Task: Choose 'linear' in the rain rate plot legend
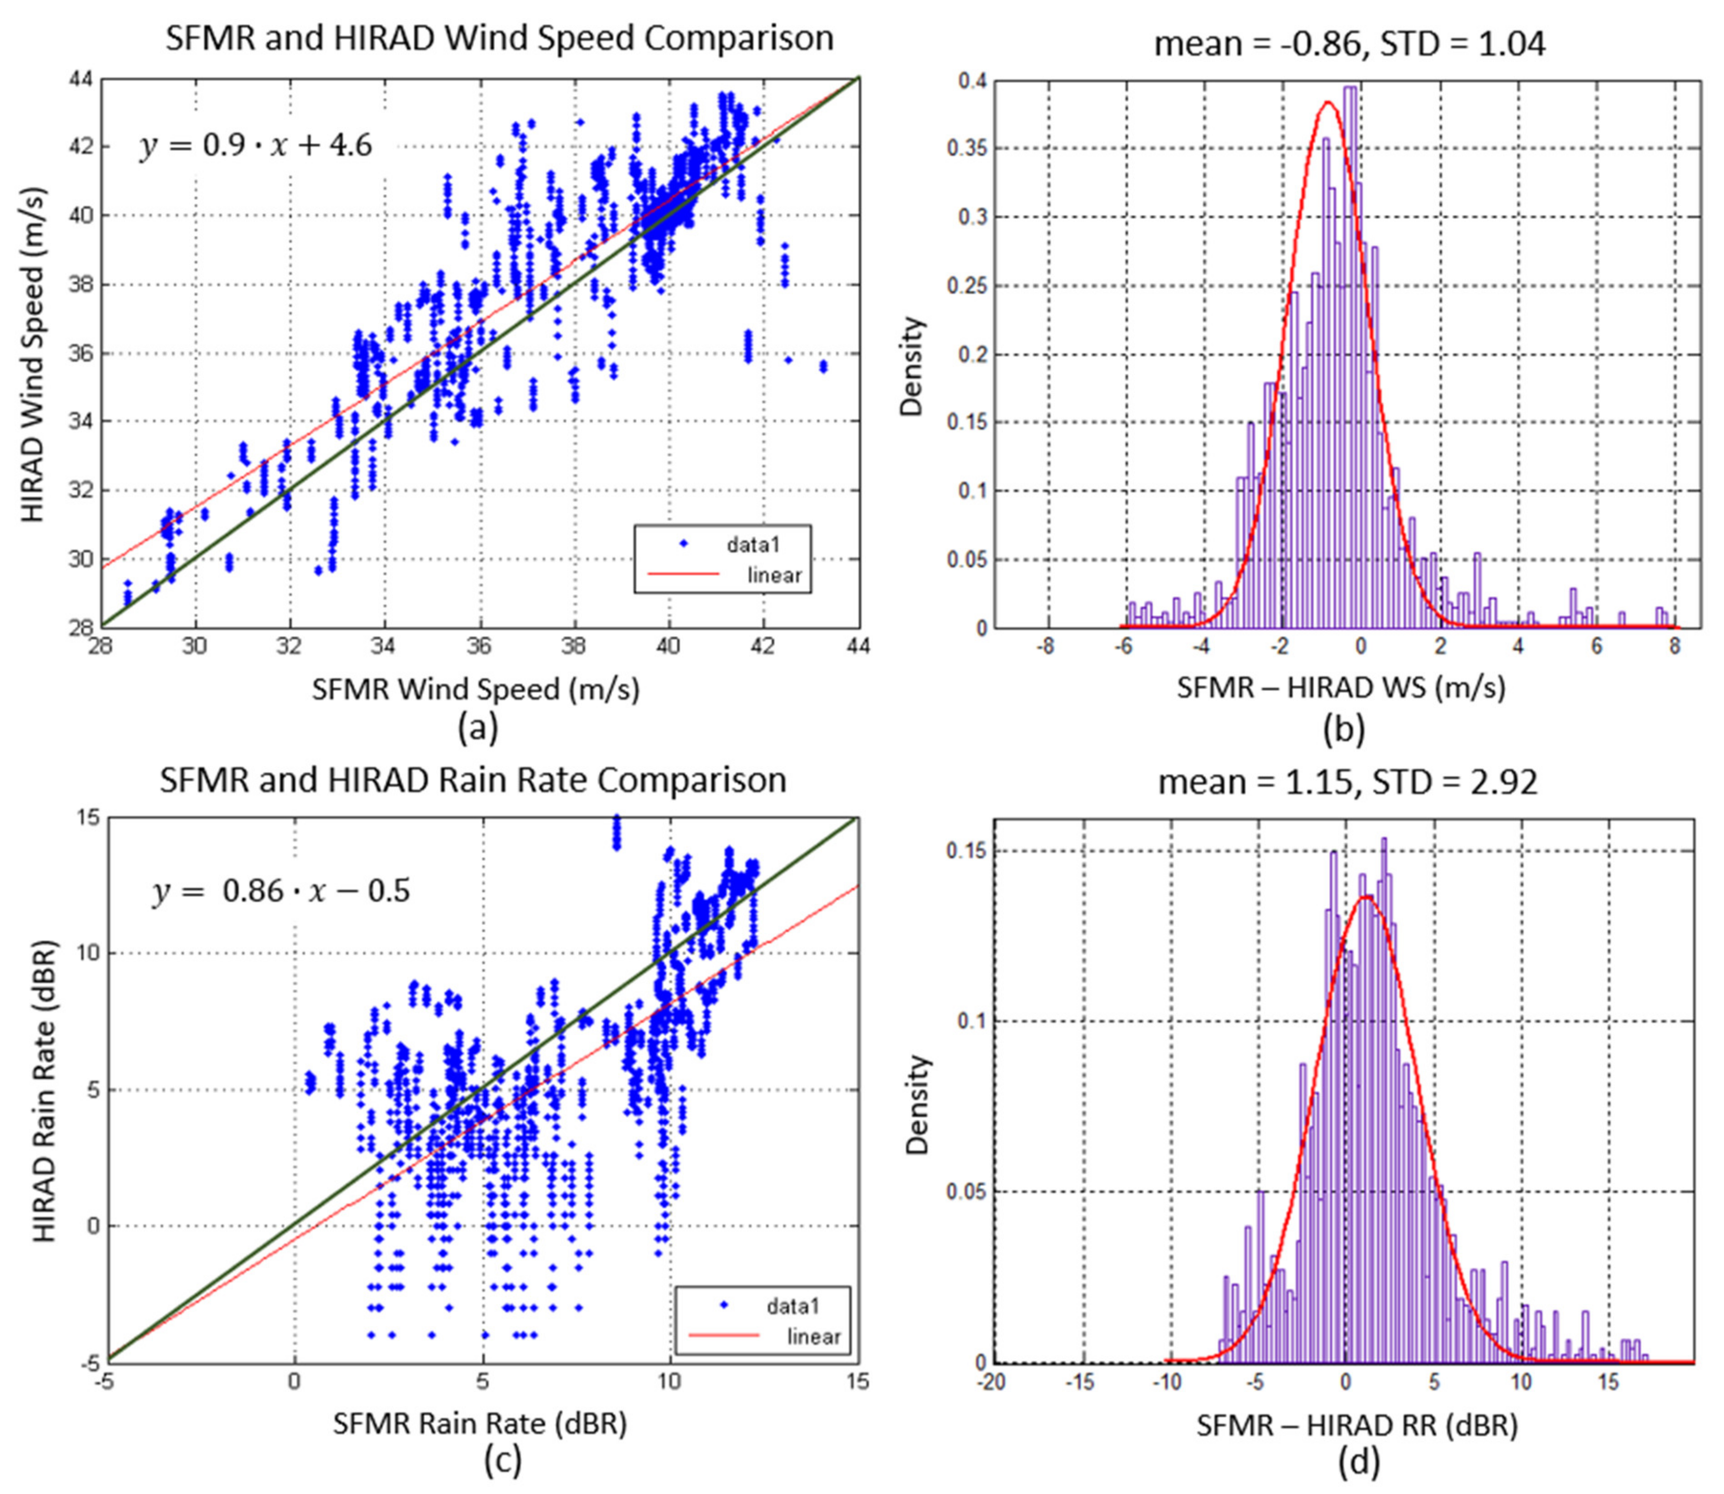(x=813, y=1337)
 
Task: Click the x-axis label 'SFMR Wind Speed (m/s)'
(x=476, y=689)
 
